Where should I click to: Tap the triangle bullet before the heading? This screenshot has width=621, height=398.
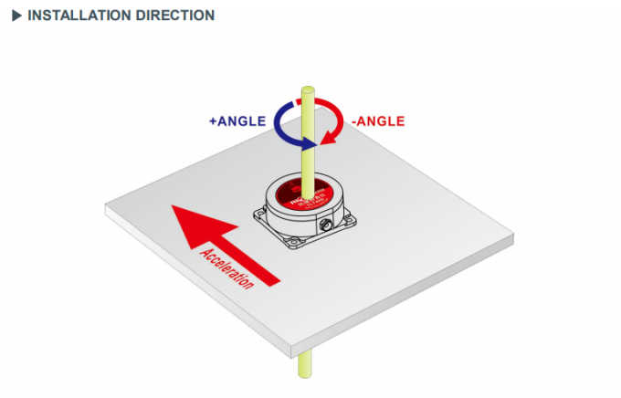[x=16, y=16]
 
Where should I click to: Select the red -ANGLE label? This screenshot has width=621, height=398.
[x=377, y=120]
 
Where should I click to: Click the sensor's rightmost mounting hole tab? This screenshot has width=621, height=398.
[x=353, y=218]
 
